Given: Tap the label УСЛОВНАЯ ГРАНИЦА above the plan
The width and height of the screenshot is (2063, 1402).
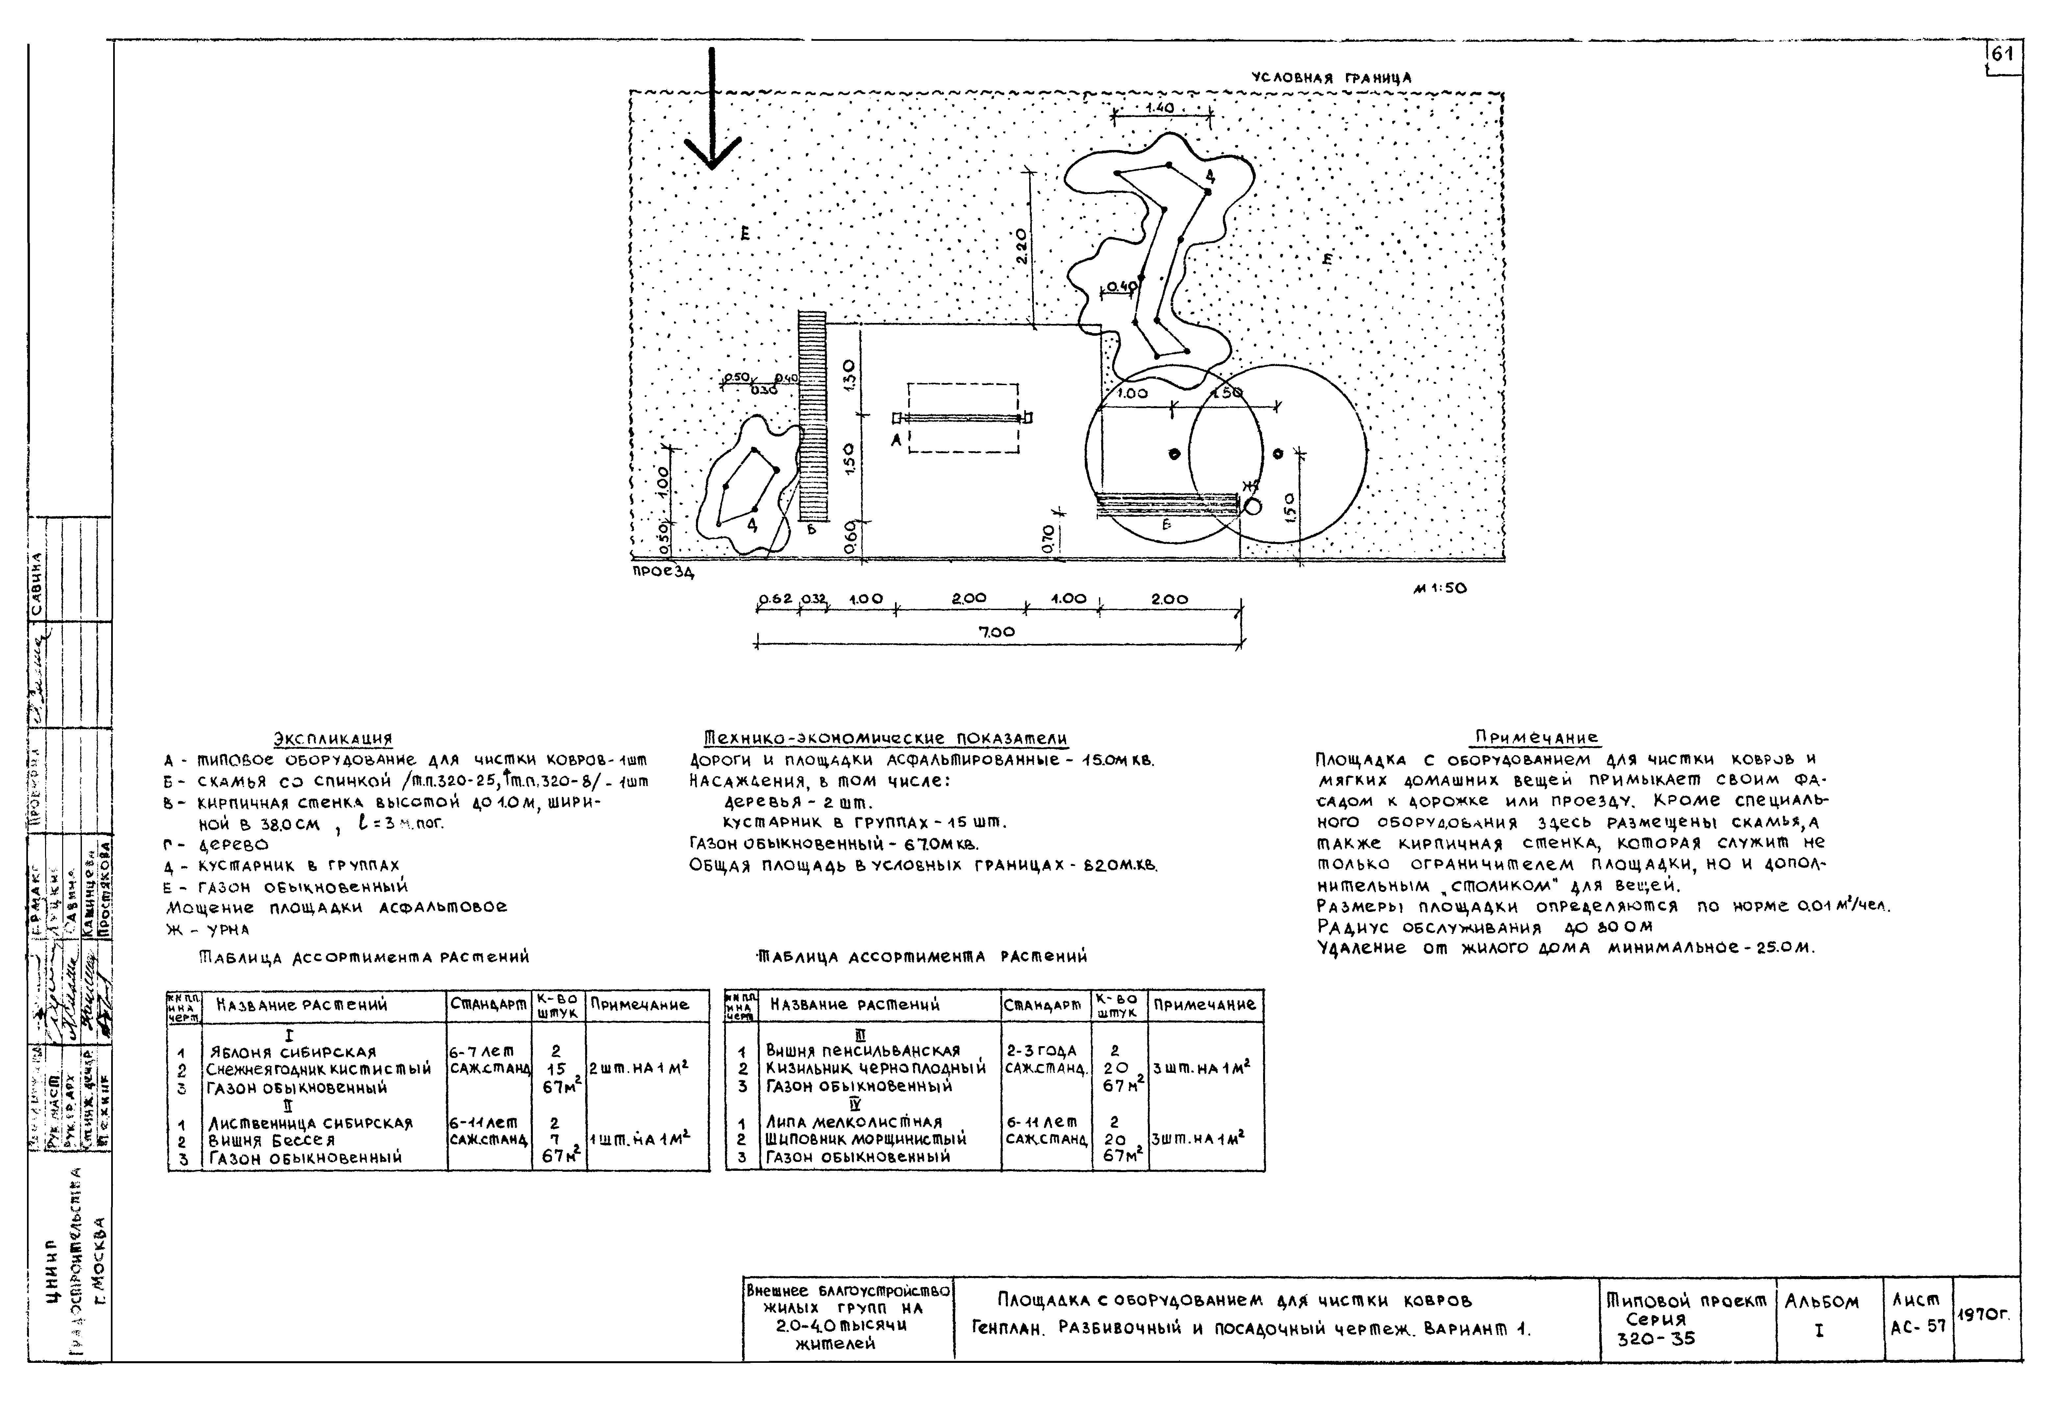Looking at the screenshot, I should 1330,78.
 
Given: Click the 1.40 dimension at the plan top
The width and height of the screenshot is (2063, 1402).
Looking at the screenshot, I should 1159,108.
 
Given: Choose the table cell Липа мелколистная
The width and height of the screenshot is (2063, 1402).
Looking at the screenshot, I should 854,1121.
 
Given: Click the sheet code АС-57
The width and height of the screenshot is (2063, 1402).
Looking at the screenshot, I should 1918,1327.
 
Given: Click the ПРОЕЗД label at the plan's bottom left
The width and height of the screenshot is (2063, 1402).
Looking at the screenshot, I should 662,572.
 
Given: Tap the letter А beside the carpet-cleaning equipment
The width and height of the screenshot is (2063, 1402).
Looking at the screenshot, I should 896,438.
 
